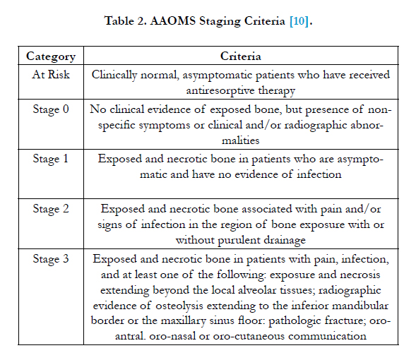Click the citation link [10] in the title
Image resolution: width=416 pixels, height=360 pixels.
[299, 21]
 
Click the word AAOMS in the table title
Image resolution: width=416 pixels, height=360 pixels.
[173, 20]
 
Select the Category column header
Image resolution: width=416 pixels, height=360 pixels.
[51, 56]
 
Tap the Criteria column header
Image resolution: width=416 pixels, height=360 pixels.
[241, 56]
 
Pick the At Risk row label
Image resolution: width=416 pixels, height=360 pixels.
[51, 75]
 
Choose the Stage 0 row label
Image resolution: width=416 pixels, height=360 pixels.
[51, 109]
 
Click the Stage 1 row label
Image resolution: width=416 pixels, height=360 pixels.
[50, 159]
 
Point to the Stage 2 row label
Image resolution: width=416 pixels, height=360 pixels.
[51, 209]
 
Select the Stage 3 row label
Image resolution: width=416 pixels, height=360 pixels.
[51, 259]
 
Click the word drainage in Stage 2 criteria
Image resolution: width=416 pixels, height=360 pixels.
[285, 241]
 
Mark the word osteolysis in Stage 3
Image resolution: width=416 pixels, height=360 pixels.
[179, 306]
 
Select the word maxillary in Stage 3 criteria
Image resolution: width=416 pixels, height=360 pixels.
[184, 321]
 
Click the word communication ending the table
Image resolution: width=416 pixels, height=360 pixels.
[327, 336]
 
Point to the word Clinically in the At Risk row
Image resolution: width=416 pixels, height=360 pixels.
[114, 75]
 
